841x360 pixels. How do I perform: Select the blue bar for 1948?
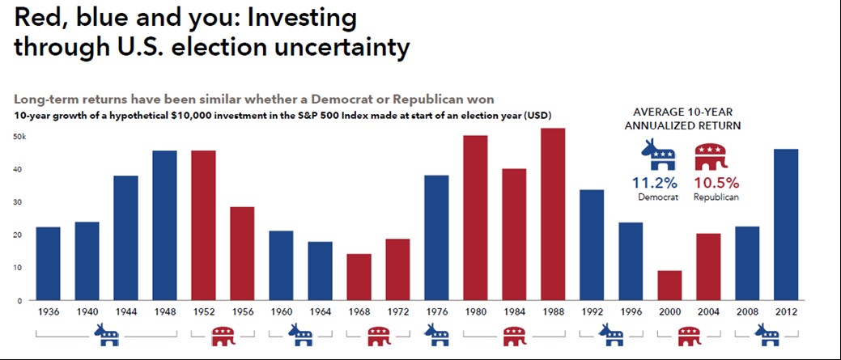tap(164, 226)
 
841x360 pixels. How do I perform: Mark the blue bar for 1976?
tap(436, 238)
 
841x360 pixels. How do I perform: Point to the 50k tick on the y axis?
tap(20, 137)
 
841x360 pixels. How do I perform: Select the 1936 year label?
tap(48, 311)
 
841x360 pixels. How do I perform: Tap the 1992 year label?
tap(592, 311)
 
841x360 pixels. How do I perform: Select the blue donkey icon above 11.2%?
tap(658, 155)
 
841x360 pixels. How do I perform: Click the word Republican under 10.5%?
tap(716, 197)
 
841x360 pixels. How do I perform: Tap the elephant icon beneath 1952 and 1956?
tap(223, 334)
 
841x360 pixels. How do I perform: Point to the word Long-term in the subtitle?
tap(49, 100)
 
